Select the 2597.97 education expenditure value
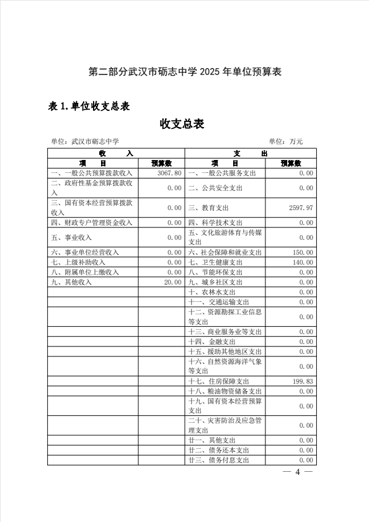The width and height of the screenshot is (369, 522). point(301,208)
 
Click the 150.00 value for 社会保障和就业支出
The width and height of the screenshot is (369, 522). point(303,252)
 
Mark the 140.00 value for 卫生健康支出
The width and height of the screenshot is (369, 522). point(303,262)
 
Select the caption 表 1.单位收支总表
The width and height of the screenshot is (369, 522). point(89,106)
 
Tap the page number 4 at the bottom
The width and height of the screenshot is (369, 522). point(297,472)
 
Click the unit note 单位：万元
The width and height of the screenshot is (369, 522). point(286,141)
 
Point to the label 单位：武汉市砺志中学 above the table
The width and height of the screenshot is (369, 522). point(85,141)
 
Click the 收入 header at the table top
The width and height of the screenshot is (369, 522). point(115,153)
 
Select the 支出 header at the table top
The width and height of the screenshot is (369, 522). point(251,153)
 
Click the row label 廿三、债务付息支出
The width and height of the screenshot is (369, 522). point(218,461)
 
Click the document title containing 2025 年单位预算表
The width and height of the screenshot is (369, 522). point(185,72)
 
